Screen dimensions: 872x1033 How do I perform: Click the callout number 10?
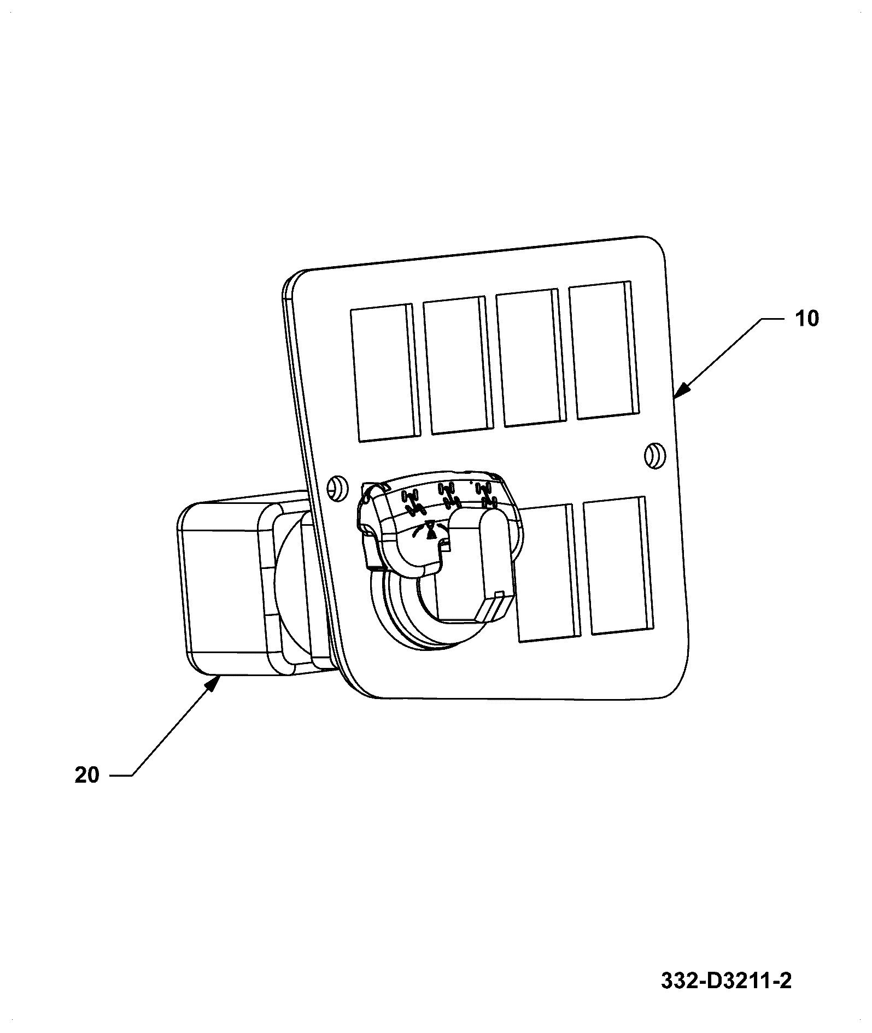806,318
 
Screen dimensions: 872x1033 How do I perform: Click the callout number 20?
87,775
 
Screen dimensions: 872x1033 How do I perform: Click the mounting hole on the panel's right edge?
654,455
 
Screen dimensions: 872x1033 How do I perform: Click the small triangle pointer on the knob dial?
431,530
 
